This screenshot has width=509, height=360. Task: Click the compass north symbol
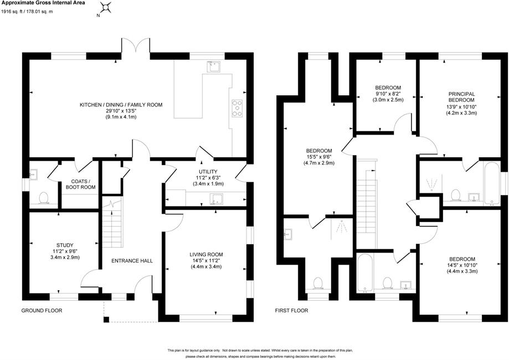[x=105, y=7]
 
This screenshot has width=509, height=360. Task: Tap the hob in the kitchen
[x=237, y=108]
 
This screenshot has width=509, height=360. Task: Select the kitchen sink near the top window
[x=214, y=66]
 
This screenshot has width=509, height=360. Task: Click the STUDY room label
[x=65, y=245]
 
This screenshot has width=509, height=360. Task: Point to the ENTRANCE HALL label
[x=132, y=261]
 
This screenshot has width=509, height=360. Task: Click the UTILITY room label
[x=208, y=171]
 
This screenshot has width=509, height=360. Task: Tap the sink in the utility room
[x=216, y=199]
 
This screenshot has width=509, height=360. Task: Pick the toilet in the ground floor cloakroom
[x=44, y=198]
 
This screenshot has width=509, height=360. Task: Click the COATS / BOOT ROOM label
[x=80, y=184]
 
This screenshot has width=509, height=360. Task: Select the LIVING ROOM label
[x=206, y=255]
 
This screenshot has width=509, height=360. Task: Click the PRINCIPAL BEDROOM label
[x=461, y=97]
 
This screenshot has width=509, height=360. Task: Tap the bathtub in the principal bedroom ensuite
[x=492, y=183]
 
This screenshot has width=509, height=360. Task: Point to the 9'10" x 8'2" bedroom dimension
[x=388, y=94]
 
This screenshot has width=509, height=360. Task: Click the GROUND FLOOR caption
[x=42, y=310]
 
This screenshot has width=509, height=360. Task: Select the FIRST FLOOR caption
[x=291, y=310]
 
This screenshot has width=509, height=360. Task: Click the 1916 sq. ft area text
[x=13, y=12]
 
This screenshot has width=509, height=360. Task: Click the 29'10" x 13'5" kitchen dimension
[x=121, y=111]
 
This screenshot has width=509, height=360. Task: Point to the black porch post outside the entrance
[x=106, y=320]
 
